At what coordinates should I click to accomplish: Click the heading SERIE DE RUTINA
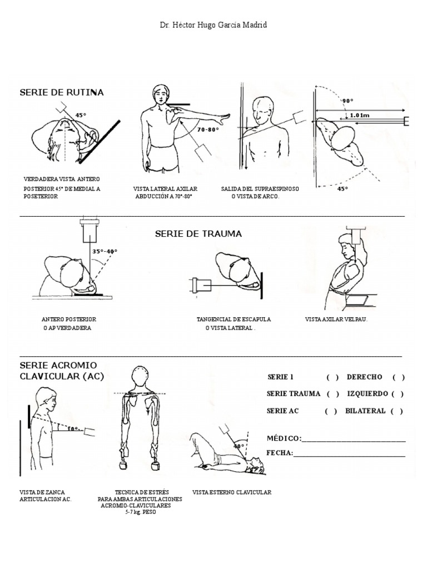point(61,92)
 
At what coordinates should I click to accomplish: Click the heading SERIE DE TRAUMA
point(198,234)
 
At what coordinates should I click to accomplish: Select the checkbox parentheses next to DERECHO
point(398,377)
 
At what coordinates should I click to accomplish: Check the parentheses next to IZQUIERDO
point(397,394)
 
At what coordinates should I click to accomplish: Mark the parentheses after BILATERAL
point(396,411)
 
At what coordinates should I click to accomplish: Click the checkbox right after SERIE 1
point(332,377)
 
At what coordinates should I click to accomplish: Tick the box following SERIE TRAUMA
point(333,394)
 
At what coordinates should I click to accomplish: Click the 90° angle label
point(347,101)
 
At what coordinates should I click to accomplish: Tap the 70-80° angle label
point(207,129)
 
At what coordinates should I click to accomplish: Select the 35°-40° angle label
point(105,251)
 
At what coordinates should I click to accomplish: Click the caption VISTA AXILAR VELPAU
point(336,320)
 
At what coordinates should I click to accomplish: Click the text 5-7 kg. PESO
point(141,512)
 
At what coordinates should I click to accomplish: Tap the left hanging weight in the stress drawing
point(123,464)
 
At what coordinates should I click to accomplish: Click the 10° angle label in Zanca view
point(73,429)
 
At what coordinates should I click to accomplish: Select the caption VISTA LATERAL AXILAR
point(165,189)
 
